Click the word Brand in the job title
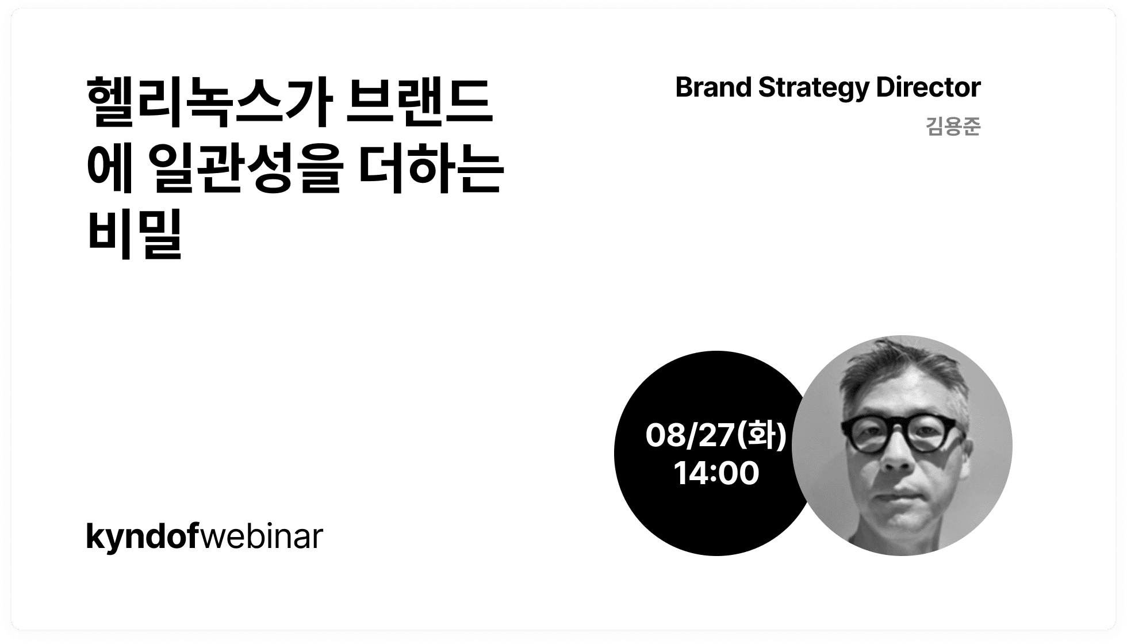point(714,87)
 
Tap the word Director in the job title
point(928,87)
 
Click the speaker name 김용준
point(953,126)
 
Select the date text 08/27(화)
point(716,435)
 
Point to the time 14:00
point(716,473)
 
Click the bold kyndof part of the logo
point(142,537)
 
